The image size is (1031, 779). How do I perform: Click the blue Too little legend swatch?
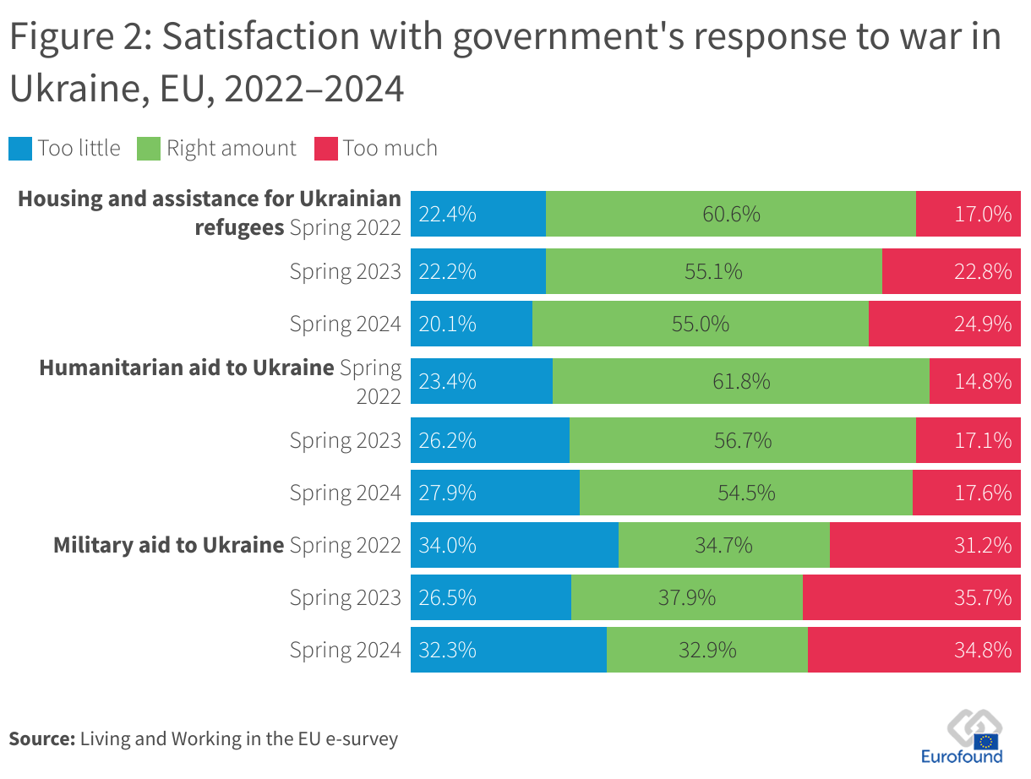20,149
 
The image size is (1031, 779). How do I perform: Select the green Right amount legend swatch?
149,149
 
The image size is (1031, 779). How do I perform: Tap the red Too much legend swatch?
326,149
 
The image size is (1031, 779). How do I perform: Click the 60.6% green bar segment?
731,215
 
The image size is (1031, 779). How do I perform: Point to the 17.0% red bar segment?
968,215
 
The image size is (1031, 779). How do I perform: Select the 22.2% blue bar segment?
478,272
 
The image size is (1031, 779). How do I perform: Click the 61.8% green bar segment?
741,382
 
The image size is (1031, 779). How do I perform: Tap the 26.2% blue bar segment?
490,440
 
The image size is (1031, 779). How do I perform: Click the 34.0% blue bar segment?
515,545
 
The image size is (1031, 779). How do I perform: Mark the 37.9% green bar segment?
687,597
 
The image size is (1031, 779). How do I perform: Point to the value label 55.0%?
701,324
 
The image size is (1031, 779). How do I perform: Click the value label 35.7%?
983,597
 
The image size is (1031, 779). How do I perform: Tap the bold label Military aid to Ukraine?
168,545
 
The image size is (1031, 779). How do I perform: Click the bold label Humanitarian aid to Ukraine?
187,368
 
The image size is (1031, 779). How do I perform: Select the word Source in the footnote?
41,738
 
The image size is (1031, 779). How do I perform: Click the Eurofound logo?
974,738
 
